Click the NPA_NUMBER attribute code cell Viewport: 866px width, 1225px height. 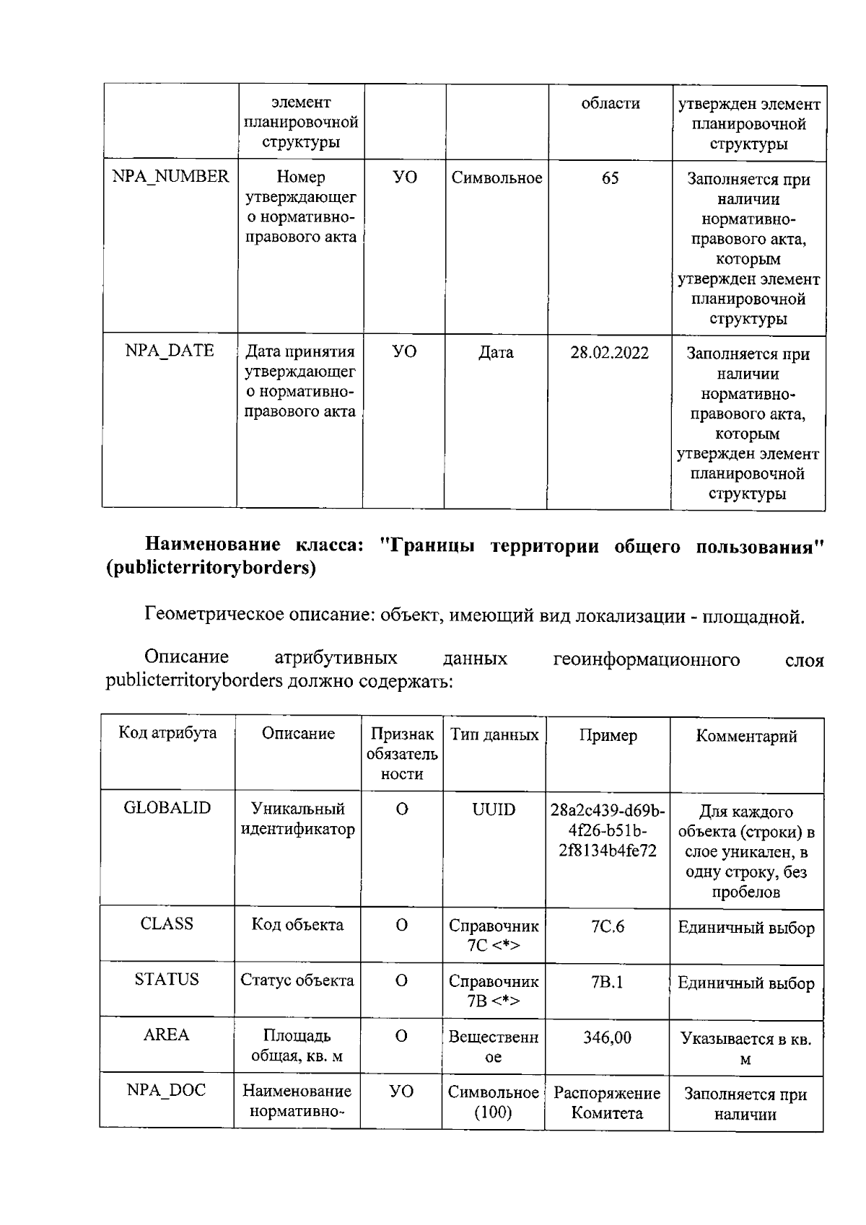170,177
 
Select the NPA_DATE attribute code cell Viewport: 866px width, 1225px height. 170,351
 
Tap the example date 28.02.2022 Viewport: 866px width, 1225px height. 609,353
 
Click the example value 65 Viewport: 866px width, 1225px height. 610,177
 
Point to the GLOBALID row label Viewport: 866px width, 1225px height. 167,808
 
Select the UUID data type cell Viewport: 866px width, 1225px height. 494,809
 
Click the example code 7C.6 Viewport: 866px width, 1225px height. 607,926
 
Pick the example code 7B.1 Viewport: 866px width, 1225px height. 607,982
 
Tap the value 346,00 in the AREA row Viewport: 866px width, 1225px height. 607,1037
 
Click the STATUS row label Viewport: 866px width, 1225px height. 167,980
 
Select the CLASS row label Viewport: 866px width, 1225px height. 167,924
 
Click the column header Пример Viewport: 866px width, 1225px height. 608,735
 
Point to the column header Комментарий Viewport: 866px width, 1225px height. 746,736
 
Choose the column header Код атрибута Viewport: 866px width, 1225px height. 167,733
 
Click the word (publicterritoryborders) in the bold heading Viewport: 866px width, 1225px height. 211,568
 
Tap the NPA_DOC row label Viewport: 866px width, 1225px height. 167,1090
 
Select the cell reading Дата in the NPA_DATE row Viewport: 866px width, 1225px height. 496,353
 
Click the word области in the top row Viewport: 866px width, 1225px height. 611,104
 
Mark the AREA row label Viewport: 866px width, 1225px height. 167,1035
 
